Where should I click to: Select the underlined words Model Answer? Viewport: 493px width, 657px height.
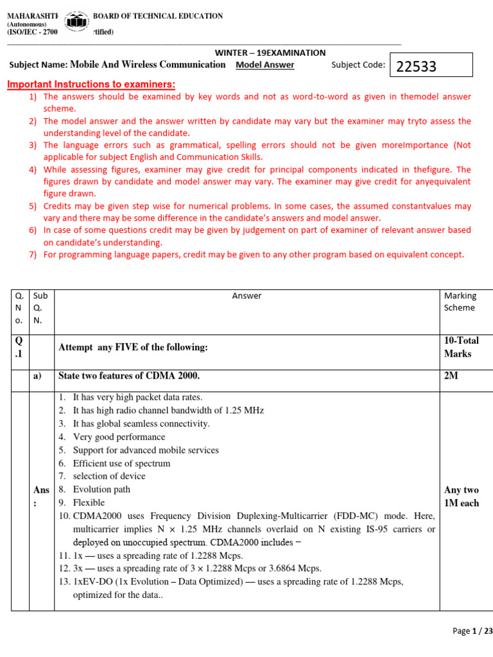point(265,65)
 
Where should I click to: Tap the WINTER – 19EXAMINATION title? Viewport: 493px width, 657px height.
point(270,53)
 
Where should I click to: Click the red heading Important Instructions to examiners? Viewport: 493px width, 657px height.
point(91,85)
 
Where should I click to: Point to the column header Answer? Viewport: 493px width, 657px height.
point(247,296)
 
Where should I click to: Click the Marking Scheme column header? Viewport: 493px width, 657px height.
point(460,302)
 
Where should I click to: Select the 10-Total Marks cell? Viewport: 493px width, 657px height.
point(461,347)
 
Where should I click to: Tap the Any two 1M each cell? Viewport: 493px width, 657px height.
point(461,497)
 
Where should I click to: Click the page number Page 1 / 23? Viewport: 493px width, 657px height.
point(472,631)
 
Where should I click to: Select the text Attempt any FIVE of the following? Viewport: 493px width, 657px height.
point(134,347)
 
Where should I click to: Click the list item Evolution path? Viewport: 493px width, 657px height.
point(101,490)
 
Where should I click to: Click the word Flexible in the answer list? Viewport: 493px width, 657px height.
point(89,502)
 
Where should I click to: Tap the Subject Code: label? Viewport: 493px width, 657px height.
point(358,65)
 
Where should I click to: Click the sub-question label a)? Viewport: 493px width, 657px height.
point(37,376)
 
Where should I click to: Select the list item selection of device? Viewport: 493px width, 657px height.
point(109,476)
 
